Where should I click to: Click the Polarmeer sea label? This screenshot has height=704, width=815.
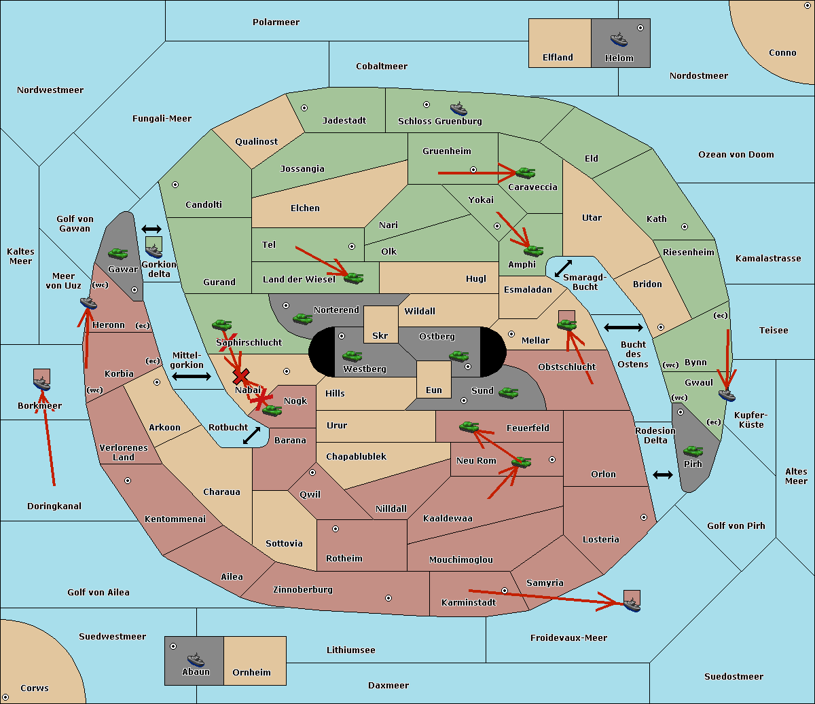[276, 22]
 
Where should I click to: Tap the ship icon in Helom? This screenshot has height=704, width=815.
[619, 39]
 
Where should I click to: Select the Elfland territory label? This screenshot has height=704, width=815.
[558, 58]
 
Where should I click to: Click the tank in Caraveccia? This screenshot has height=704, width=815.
[526, 172]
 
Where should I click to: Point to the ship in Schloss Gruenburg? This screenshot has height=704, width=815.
[458, 109]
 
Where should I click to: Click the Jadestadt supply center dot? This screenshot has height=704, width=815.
[304, 108]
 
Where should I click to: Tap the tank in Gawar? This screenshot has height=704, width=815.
[118, 253]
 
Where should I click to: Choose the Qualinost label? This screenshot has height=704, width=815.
[256, 141]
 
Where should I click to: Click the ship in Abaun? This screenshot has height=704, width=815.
[196, 659]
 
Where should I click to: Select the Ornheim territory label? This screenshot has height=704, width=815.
[251, 672]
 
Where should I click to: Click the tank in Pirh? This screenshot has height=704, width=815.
[693, 451]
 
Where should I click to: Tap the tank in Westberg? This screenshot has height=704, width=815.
[352, 356]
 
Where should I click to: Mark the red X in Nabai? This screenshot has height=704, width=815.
[240, 376]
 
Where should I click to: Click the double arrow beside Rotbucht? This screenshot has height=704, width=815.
[251, 435]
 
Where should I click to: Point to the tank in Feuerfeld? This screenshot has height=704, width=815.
[469, 426]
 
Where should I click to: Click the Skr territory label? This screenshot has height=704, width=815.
[380, 335]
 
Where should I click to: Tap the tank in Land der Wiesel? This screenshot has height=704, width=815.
[353, 278]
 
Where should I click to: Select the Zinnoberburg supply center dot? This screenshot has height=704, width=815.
[388, 598]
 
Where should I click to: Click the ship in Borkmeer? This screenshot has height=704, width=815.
[42, 384]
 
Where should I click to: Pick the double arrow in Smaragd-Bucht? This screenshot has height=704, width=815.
[563, 268]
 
